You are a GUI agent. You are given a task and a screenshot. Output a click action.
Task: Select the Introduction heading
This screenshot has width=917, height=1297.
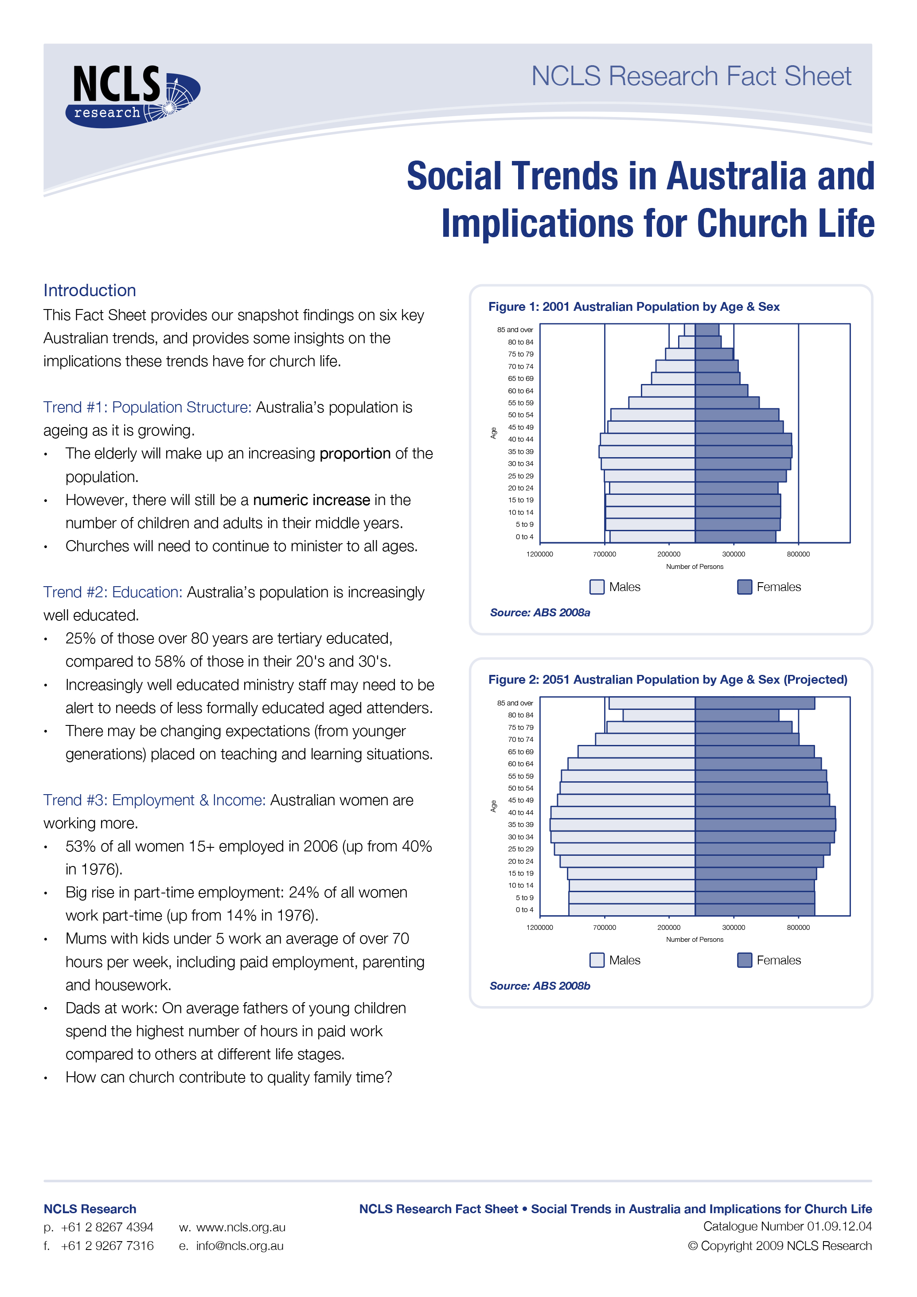click(x=90, y=290)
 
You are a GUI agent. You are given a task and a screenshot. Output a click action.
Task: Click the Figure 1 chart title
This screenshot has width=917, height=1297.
click(x=633, y=307)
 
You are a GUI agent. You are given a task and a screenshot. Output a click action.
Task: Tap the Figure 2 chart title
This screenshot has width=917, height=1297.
click(x=667, y=680)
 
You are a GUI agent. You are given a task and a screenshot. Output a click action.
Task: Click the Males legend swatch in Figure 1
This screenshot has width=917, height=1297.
click(x=596, y=587)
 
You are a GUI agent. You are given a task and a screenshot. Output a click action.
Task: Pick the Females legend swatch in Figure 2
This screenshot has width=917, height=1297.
click(x=744, y=960)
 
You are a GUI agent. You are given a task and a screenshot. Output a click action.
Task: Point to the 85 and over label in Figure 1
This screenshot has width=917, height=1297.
click(x=515, y=330)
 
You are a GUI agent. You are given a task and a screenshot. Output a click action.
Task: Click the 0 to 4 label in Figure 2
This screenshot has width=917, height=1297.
click(x=524, y=910)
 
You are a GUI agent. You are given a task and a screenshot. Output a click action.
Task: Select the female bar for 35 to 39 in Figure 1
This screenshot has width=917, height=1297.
click(x=743, y=451)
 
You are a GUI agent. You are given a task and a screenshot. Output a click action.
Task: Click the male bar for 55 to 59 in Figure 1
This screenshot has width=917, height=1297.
click(x=661, y=403)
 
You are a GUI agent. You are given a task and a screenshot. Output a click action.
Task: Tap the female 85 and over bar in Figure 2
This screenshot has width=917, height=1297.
click(x=754, y=703)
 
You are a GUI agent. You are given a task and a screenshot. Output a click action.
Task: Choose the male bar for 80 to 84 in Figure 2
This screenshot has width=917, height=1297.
click(x=659, y=715)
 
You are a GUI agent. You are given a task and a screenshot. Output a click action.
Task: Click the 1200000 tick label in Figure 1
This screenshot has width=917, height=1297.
click(x=539, y=554)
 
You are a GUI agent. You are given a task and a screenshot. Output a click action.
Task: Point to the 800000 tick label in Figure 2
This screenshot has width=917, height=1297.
click(x=798, y=928)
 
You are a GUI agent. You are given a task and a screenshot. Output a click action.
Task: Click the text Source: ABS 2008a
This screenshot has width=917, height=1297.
click(x=540, y=613)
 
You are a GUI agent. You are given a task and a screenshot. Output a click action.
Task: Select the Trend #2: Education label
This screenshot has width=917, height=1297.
click(x=113, y=592)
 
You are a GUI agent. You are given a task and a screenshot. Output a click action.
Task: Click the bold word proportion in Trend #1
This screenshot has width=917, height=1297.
click(x=355, y=454)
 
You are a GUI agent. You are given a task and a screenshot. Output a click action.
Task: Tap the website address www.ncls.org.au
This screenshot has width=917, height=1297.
click(x=241, y=1227)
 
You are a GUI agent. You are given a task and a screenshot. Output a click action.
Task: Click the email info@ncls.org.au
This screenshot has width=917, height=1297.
click(x=239, y=1246)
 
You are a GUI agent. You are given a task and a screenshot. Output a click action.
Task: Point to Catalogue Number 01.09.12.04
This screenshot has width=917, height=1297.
click(x=787, y=1226)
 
